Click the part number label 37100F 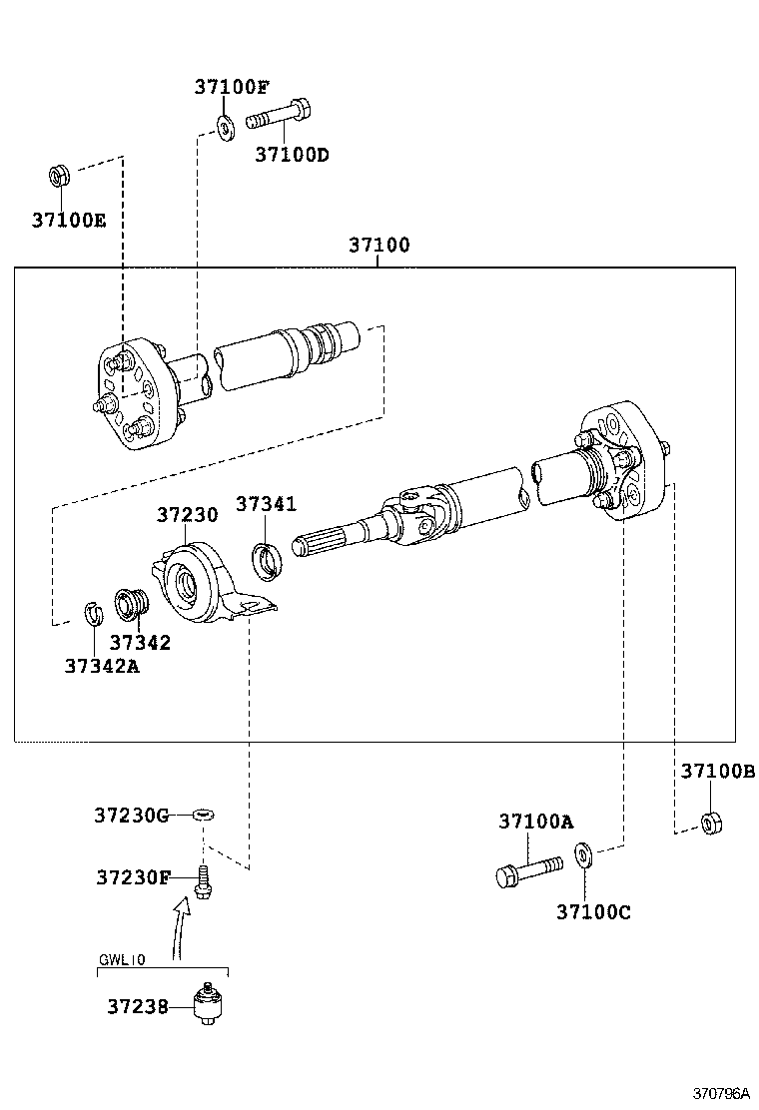[232, 88]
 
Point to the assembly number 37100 [379, 246]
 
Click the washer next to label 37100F [225, 127]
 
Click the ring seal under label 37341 [267, 560]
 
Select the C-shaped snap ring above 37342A [91, 614]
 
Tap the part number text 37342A [102, 667]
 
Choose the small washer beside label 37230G [204, 816]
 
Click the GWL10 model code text [122, 960]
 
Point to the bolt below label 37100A [529, 870]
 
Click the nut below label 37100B [711, 823]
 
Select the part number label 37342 [140, 643]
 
